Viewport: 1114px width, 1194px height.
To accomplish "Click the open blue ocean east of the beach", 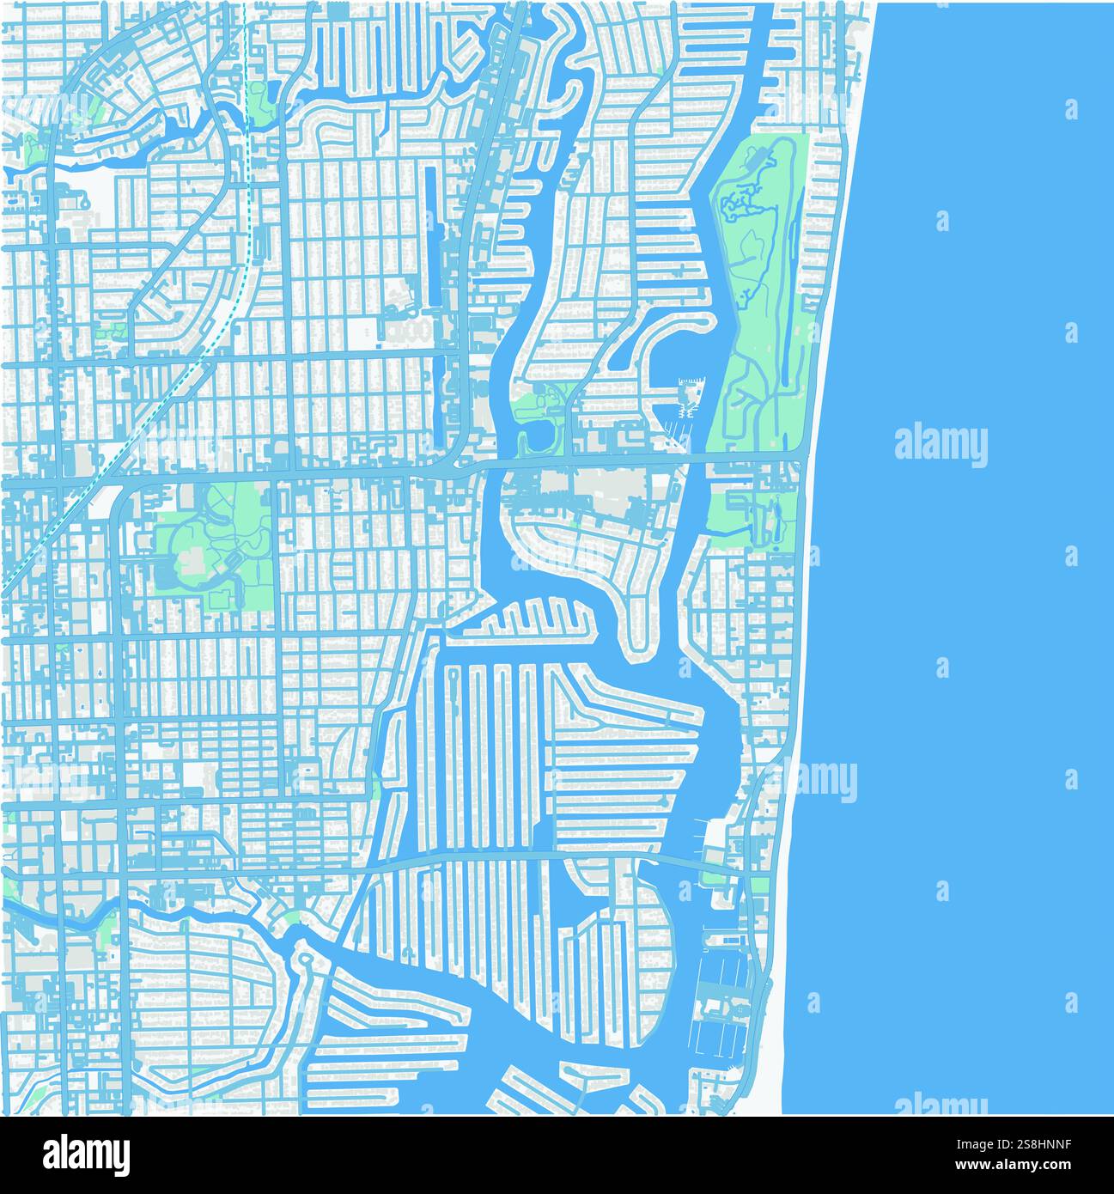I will click(x=962, y=601).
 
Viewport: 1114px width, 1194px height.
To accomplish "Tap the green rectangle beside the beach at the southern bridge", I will click(x=760, y=885).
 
